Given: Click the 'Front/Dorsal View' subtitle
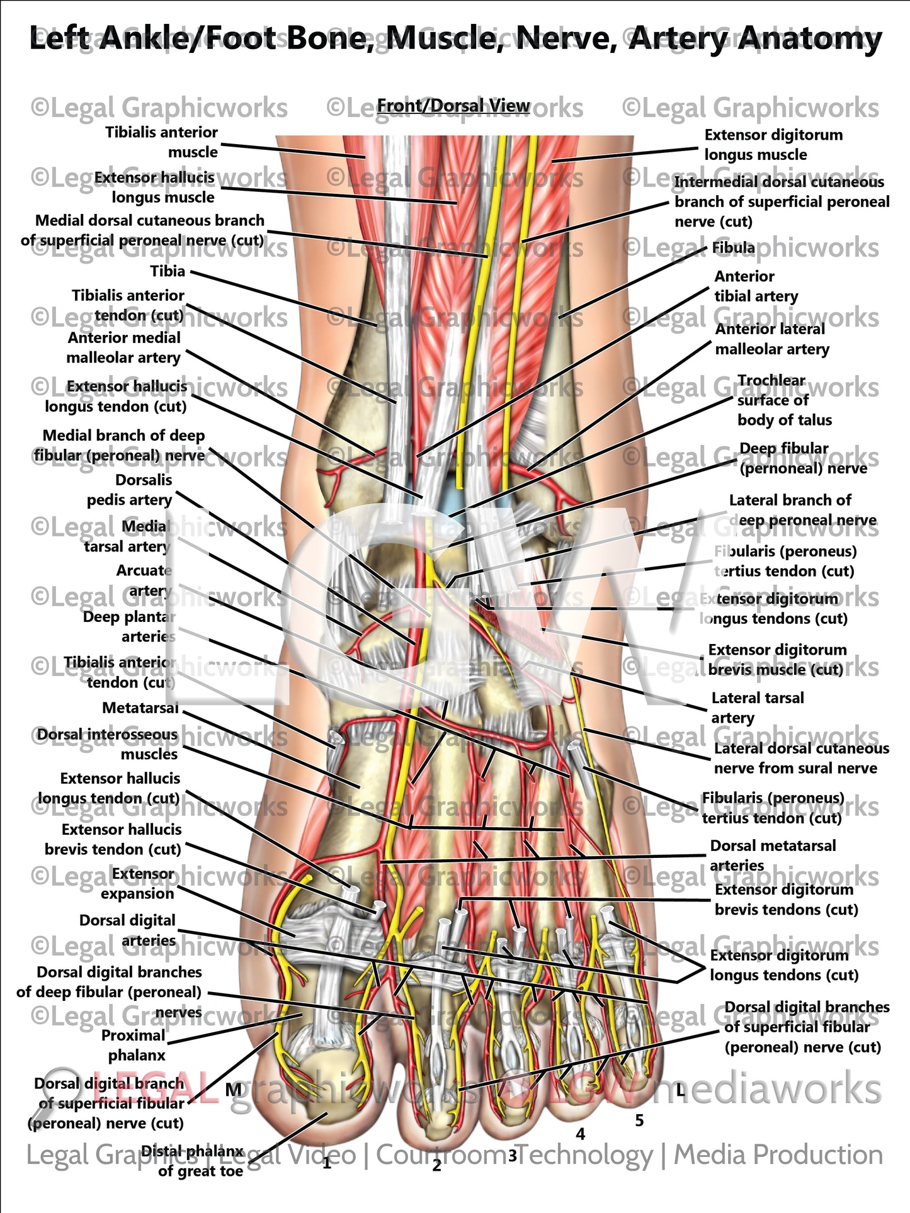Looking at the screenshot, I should (453, 106).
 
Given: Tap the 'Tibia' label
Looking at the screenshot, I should (168, 271).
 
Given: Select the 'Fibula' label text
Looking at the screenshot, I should (733, 248).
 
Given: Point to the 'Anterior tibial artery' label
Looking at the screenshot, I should (756, 286).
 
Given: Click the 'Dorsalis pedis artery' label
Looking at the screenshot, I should (130, 490).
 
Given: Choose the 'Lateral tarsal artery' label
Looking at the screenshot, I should (758, 708).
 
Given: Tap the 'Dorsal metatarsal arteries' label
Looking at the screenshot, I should (773, 855).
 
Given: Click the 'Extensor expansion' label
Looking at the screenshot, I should (137, 884).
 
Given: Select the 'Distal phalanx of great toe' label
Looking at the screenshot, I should (192, 1161).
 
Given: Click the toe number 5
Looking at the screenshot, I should (639, 1120).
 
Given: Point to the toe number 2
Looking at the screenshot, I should (436, 1166).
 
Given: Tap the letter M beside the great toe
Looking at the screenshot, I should (234, 1089).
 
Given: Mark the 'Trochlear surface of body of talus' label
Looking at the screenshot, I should (784, 400).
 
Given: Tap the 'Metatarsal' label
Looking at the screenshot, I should (140, 708).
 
